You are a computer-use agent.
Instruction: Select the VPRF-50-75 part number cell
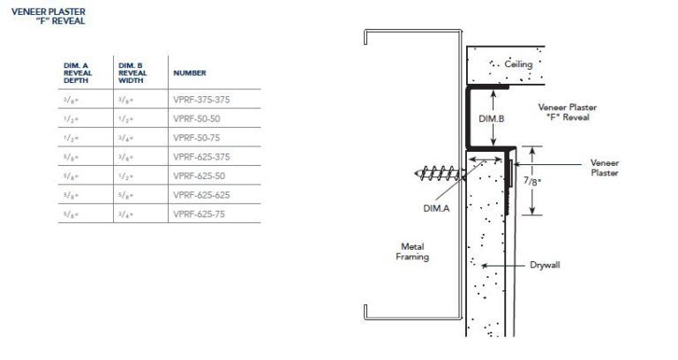click(195, 138)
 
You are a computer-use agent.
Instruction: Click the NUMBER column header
click(190, 72)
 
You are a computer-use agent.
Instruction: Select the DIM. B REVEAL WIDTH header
click(132, 72)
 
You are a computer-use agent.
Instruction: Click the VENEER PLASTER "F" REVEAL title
click(49, 16)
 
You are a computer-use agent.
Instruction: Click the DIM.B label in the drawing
click(492, 116)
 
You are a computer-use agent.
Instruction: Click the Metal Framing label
click(411, 251)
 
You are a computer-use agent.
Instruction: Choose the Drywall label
click(546, 265)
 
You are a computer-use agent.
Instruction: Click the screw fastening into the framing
click(438, 174)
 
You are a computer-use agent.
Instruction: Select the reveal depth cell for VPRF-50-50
click(73, 118)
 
